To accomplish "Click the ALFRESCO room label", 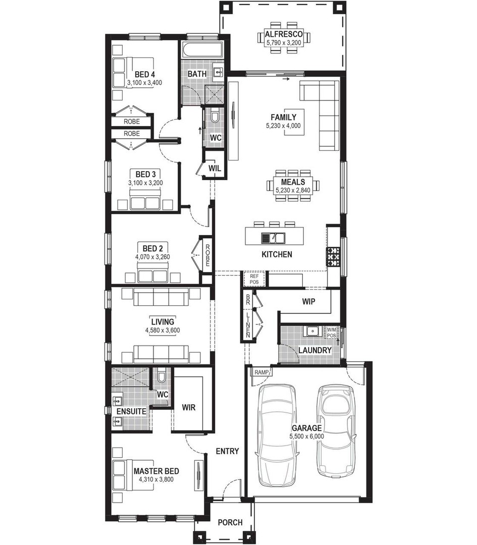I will [x=283, y=34].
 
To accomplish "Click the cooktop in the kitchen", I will [x=333, y=256].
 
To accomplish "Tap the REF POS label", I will [x=254, y=279].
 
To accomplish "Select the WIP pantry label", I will [x=308, y=302].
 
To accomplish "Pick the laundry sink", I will [x=311, y=331].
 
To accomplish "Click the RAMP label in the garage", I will [x=261, y=372].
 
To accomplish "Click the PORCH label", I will [x=230, y=522].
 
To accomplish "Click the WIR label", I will [x=188, y=406].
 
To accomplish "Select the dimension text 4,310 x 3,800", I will [x=156, y=479].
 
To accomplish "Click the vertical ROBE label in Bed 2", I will [x=207, y=256].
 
